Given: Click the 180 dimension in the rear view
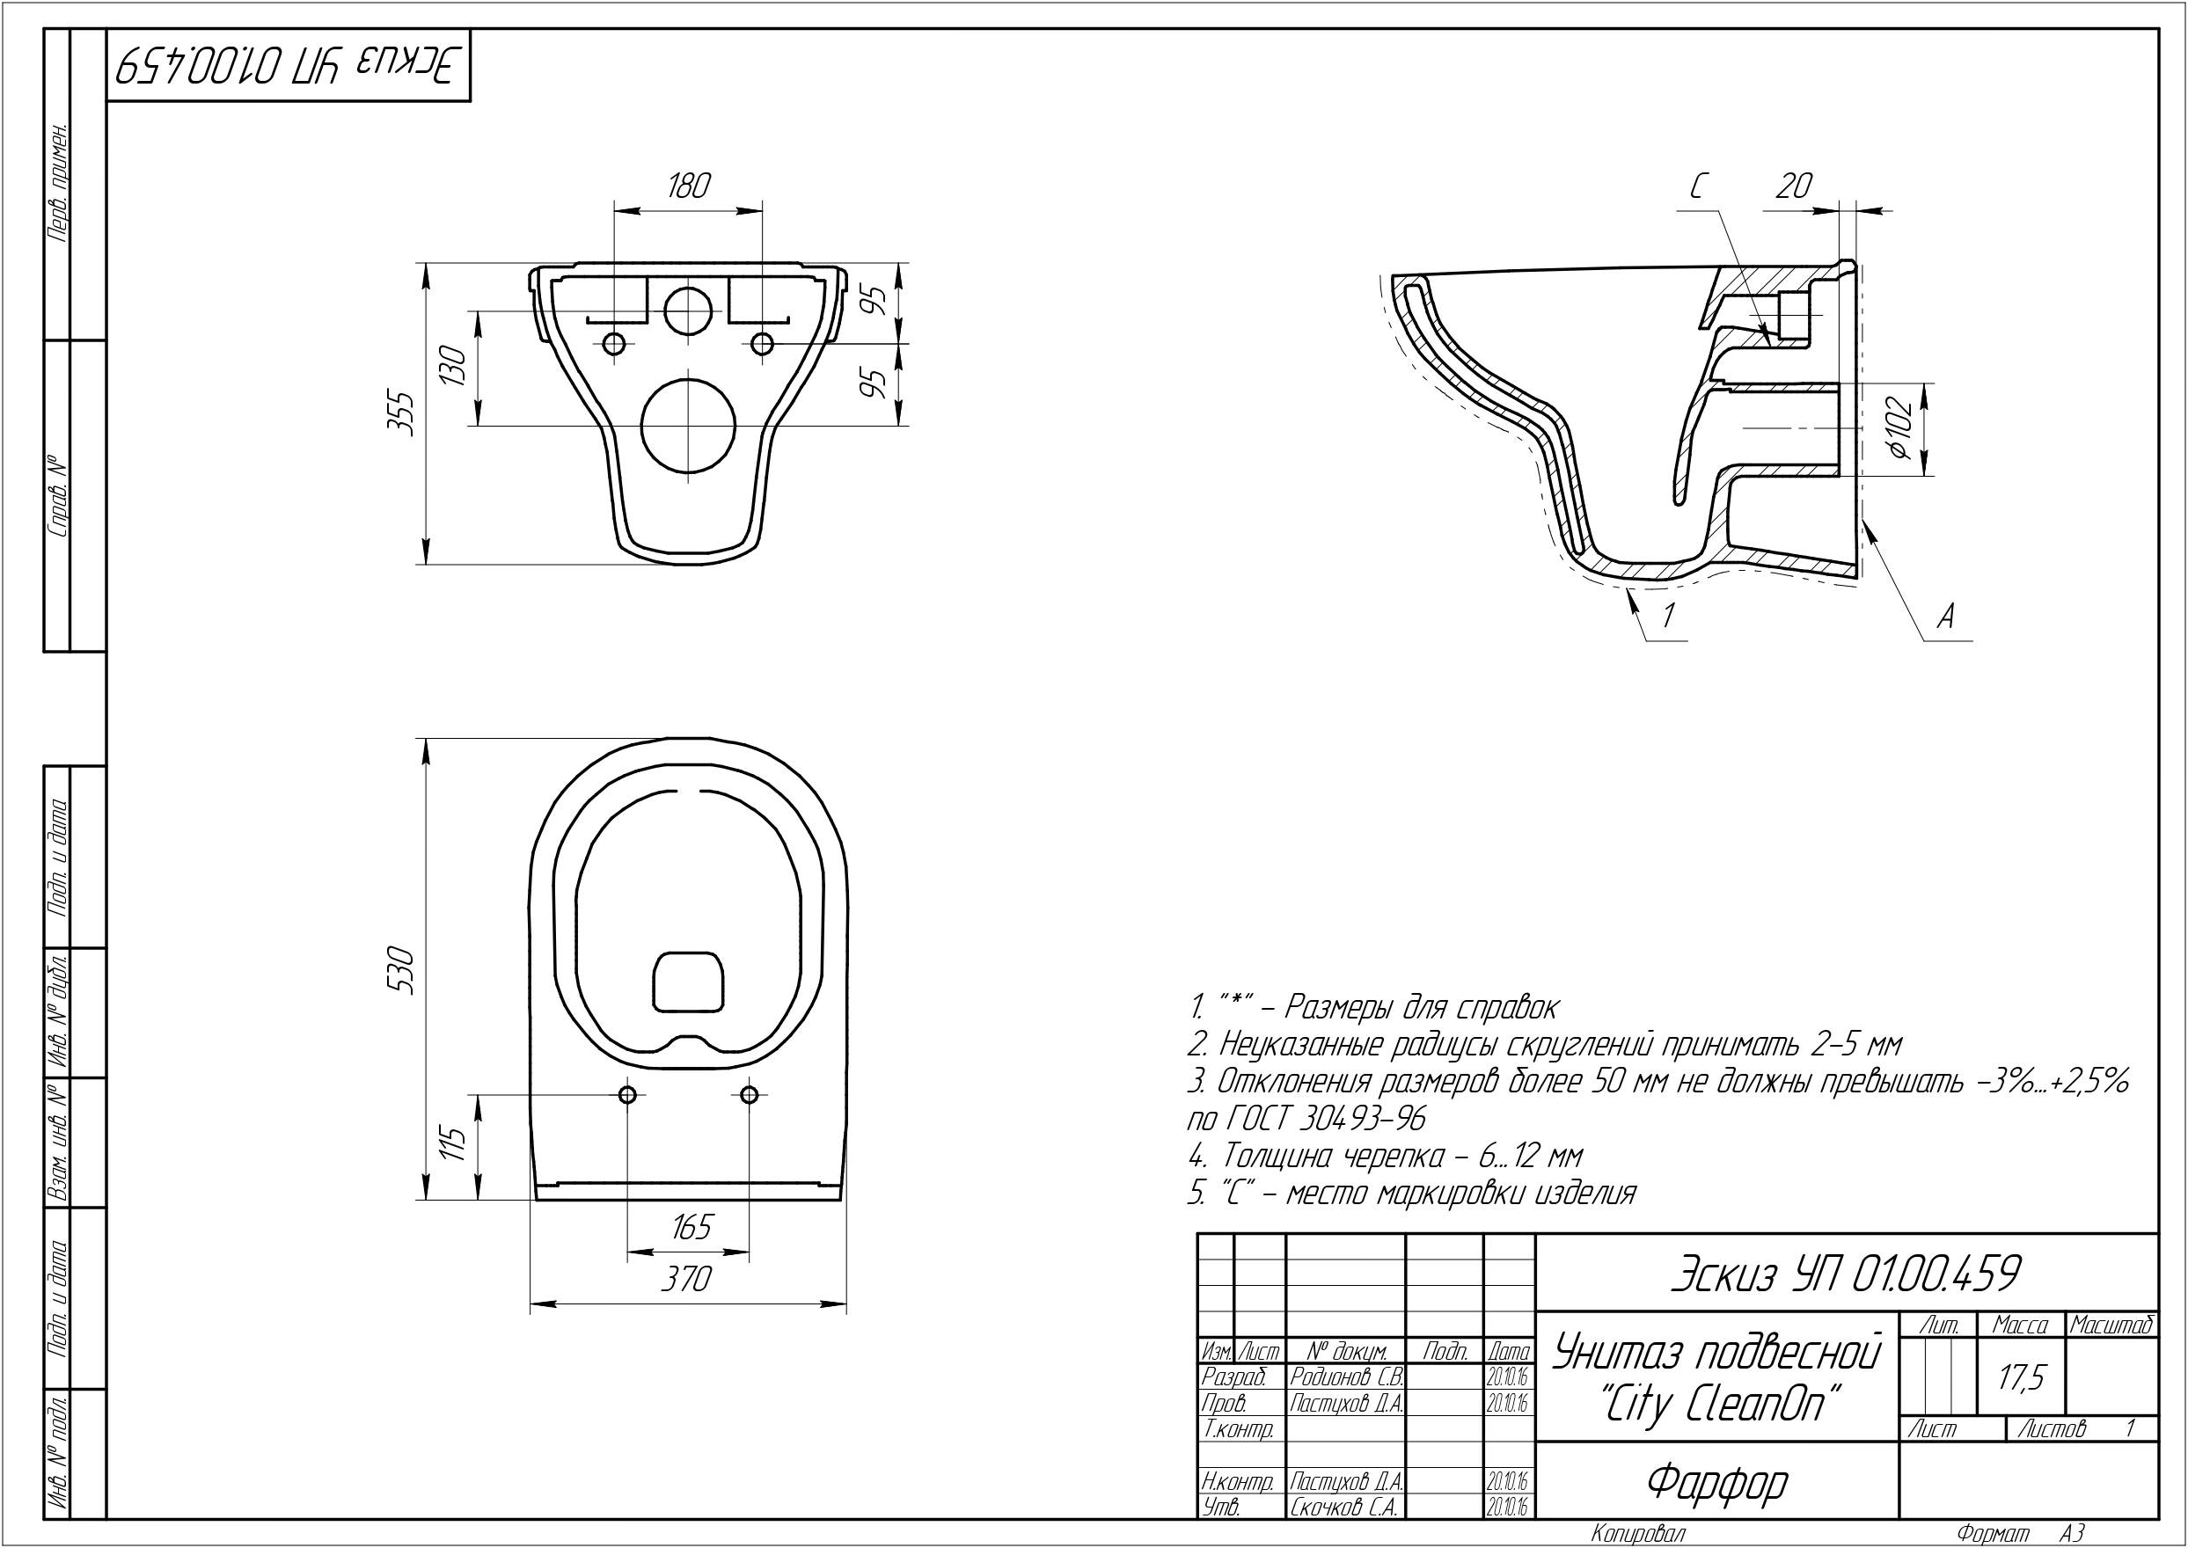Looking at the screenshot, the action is pyautogui.click(x=688, y=185).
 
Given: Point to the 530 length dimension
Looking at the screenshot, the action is pyautogui.click(x=404, y=970).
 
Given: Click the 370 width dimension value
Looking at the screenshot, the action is pyautogui.click(x=687, y=1278).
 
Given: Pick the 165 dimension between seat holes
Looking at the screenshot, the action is pyautogui.click(x=692, y=1226).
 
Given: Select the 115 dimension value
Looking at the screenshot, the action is pyautogui.click(x=457, y=1143).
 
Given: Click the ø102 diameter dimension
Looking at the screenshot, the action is pyautogui.click(x=1899, y=430).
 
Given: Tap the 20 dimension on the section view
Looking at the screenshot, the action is pyautogui.click(x=1793, y=186).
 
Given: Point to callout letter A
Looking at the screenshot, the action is pyautogui.click(x=1946, y=617).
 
